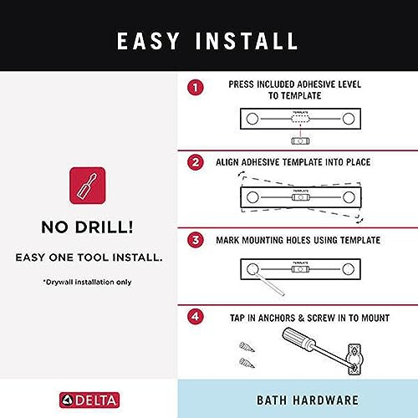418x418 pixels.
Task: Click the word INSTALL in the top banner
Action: (x=250, y=40)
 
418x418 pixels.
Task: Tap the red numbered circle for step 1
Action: (x=195, y=87)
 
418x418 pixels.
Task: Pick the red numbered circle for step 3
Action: (x=195, y=240)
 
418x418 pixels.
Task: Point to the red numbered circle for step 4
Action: (x=195, y=319)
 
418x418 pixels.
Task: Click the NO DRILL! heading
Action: (x=88, y=227)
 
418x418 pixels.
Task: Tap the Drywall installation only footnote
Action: (x=88, y=282)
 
